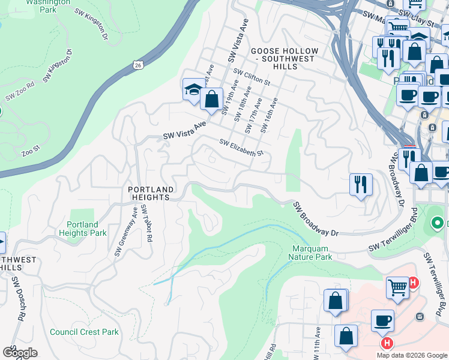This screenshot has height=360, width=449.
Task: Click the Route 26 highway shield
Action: point(139,65)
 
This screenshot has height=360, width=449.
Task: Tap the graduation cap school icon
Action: point(193,90)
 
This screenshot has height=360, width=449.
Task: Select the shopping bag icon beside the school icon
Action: point(211,99)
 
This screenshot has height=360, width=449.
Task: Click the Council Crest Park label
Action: point(84,332)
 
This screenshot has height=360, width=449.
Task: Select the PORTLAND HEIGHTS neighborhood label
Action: point(151,193)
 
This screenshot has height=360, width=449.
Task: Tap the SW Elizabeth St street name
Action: point(241,148)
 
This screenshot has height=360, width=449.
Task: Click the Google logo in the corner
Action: point(20,353)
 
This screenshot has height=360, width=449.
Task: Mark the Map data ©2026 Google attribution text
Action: point(411,355)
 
